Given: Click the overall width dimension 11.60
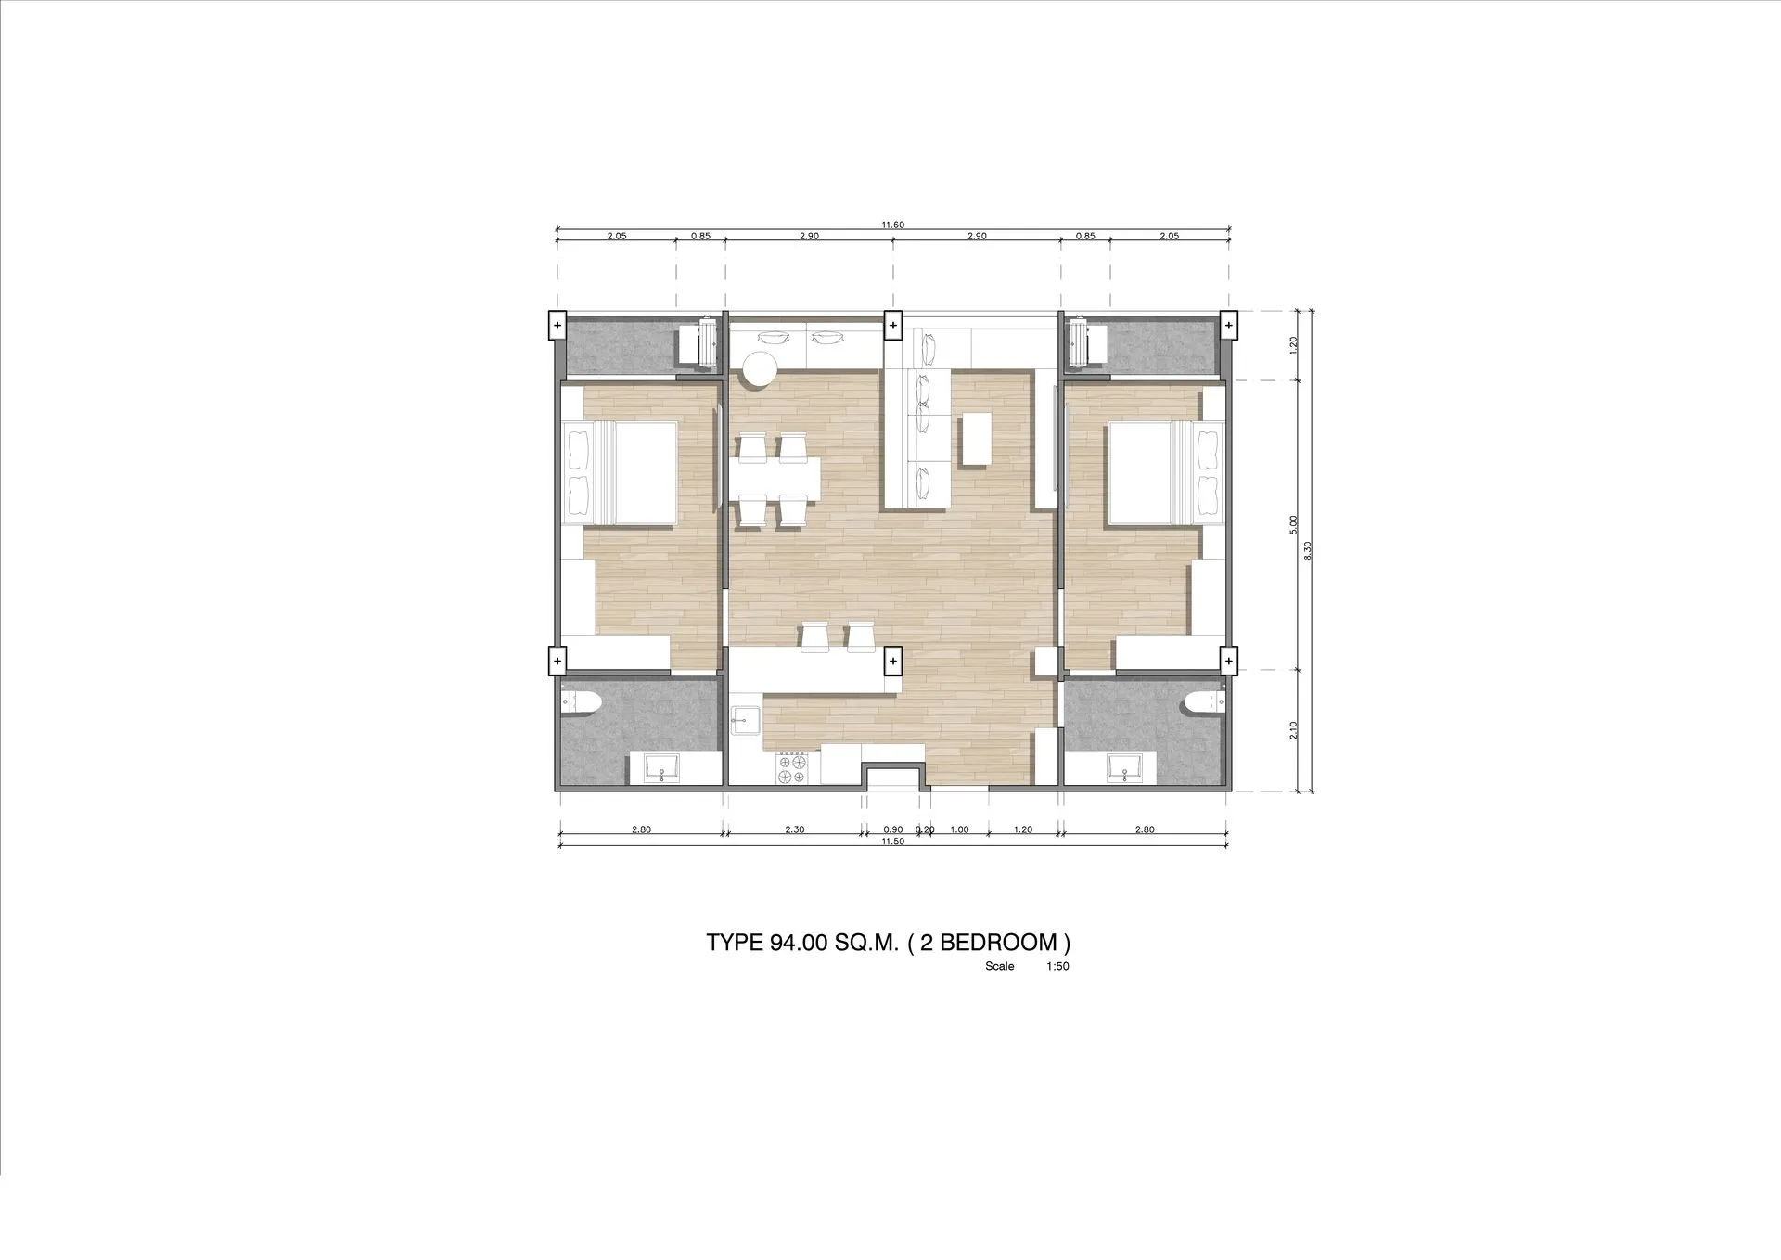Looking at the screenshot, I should (x=892, y=225).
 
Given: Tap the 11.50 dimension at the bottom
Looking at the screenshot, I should (x=892, y=842).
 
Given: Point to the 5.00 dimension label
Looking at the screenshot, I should (x=1293, y=525).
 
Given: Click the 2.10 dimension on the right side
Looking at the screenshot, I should (x=1293, y=730).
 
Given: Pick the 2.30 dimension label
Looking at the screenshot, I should (x=794, y=829).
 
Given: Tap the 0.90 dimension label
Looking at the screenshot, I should (x=892, y=829).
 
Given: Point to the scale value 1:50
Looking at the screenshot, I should (x=1057, y=966).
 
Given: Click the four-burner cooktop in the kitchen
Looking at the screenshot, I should (x=793, y=769).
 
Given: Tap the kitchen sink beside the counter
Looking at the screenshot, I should (x=745, y=720).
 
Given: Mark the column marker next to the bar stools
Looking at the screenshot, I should (x=892, y=661).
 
